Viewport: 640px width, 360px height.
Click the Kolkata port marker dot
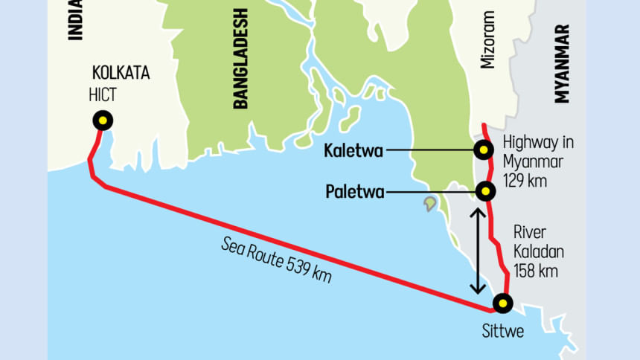coord(102,120)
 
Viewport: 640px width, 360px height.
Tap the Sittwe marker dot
coord(503,303)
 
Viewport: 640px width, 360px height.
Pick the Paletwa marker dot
coord(485,192)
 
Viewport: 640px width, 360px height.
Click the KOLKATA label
coord(121,73)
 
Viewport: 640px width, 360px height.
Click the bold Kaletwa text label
coord(353,152)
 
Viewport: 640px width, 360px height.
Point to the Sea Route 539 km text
coord(275,259)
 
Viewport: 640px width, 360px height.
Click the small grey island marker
coord(430,202)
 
